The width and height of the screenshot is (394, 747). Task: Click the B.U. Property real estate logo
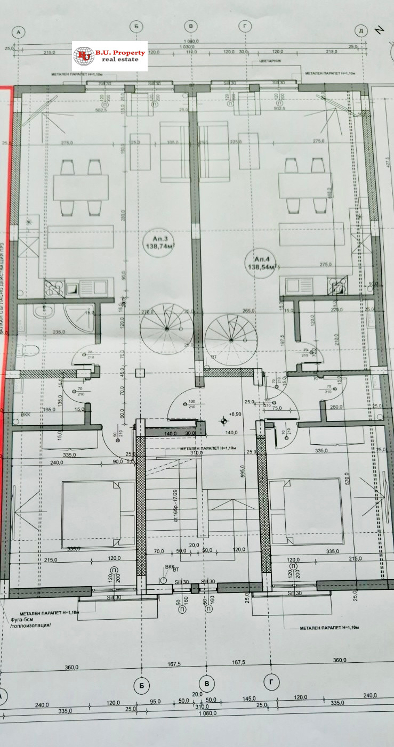[110, 55]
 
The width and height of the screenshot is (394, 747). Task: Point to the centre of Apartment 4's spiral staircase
[230, 339]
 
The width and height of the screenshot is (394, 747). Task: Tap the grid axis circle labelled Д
[361, 31]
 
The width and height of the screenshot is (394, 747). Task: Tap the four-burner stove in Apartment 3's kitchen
[54, 289]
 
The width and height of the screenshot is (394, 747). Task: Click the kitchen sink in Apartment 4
[296, 286]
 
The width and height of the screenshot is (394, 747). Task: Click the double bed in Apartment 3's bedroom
[98, 515]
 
